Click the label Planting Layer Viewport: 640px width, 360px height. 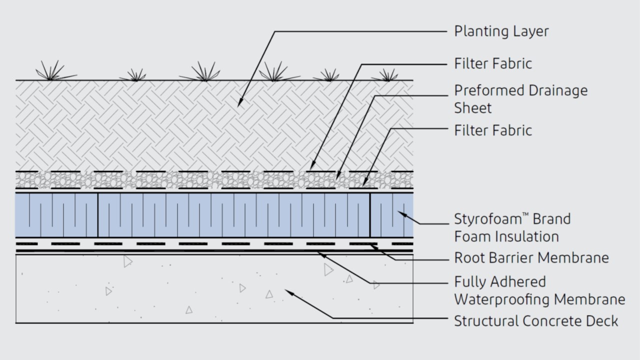501,31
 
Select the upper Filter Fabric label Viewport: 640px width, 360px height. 492,63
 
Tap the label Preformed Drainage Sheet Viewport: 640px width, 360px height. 520,99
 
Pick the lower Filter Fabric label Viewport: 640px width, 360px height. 492,130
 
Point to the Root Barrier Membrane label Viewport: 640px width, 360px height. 531,257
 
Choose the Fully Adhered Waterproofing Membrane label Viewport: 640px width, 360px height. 539,290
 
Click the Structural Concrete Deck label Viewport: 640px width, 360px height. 535,320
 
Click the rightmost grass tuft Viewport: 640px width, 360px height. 387,75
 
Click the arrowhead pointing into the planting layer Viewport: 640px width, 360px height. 239,103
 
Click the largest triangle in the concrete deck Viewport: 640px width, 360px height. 328,270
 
